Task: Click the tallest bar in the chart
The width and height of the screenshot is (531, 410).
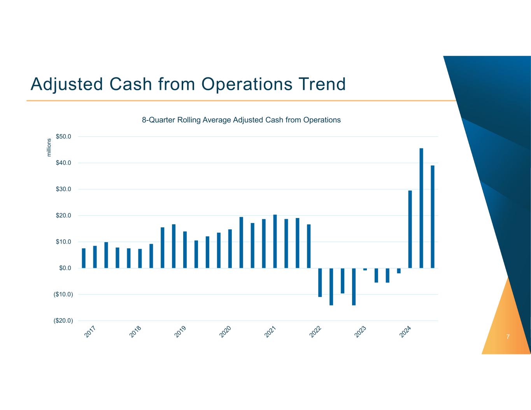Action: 421,208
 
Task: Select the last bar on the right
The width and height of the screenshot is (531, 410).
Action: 433,216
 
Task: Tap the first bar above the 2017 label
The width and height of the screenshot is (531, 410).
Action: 84,258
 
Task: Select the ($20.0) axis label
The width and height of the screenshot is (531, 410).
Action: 63,321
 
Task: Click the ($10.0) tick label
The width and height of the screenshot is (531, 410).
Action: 63,294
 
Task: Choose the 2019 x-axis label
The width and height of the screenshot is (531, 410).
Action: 181,331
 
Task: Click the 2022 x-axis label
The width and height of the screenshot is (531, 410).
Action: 315,331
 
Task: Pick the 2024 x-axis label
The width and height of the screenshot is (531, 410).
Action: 405,331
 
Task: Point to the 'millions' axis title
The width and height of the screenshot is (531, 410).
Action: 49,148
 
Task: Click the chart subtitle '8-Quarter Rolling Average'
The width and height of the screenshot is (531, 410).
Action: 241,120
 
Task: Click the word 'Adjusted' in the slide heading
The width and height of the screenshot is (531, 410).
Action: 67,84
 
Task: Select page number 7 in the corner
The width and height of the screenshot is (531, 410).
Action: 508,337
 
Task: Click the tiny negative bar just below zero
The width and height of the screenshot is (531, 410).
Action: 365,269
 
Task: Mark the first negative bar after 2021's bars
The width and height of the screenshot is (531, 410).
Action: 320,282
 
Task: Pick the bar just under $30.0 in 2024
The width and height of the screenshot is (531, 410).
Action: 410,229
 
